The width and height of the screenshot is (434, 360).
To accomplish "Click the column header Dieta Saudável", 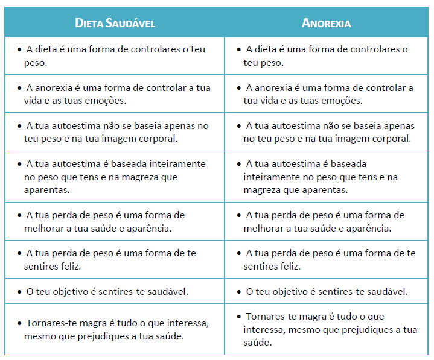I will [x=115, y=23].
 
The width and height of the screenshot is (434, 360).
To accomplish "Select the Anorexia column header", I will [x=327, y=23].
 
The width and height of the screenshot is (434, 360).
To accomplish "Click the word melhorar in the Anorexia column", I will [x=263, y=229].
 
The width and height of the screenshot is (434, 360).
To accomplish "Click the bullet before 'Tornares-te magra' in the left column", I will [x=20, y=323].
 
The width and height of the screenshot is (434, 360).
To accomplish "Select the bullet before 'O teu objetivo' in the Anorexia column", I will [x=240, y=292].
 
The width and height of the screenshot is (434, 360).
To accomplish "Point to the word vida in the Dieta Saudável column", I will [x=33, y=101].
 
